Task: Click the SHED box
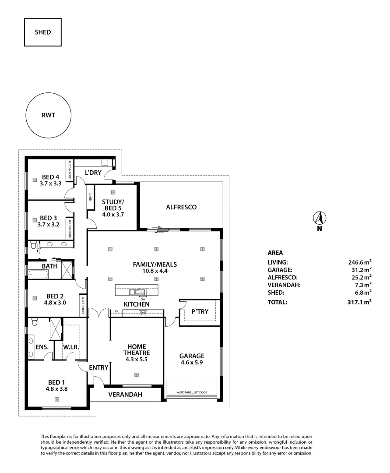point(43,32)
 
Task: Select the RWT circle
point(48,116)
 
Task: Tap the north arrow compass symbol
point(320,218)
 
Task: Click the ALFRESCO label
point(181,207)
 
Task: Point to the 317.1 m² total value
point(359,302)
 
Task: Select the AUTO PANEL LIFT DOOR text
point(192,392)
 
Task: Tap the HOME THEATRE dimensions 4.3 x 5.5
point(137,360)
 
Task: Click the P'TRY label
point(200,311)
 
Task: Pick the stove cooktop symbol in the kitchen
point(143,312)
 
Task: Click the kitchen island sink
point(137,291)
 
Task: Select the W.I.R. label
point(70,347)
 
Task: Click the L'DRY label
point(93,173)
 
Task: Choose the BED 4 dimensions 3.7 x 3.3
point(50,184)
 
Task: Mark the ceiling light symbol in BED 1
point(56,399)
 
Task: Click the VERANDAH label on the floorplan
point(125,395)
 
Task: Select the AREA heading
point(275,253)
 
